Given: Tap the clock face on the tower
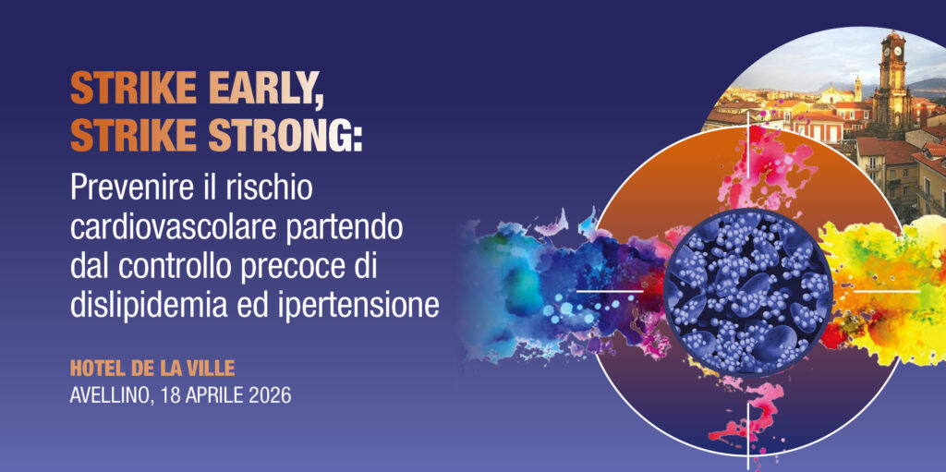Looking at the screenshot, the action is coord(897,50).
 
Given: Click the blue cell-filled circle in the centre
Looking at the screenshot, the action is coord(748,291).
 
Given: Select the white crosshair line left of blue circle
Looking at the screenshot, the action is coord(610,291).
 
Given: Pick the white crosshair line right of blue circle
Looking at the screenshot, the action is coord(887,291).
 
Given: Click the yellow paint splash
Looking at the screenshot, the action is coord(887,290).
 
